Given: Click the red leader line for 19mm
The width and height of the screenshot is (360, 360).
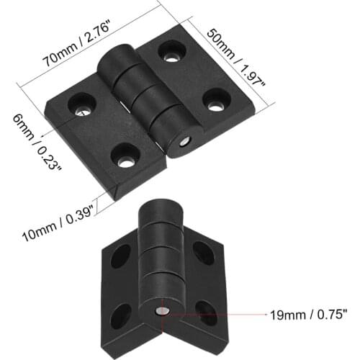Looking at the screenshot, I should pos(216,313).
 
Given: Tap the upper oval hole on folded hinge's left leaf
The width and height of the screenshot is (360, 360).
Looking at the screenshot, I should pos(121,256).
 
